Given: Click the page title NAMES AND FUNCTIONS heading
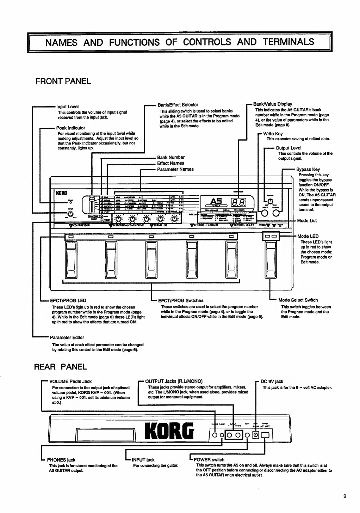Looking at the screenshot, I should click(180, 42).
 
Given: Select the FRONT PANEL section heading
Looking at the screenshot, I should click(63, 81).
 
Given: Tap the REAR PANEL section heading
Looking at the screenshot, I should click(60, 367).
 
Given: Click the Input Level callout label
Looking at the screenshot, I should click(67, 106).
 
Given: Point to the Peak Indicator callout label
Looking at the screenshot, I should click(70, 128).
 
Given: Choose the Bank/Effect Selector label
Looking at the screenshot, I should click(178, 105).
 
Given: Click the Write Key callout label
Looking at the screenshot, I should click(273, 134).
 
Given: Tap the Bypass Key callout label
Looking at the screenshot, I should click(308, 169).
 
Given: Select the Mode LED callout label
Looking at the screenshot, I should click(308, 236).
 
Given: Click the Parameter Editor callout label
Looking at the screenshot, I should click(67, 337).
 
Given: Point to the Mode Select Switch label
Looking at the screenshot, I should click(298, 300).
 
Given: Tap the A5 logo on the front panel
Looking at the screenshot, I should click(216, 201).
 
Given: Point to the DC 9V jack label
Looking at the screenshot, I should click(272, 381).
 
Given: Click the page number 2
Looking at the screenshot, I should click(345, 496).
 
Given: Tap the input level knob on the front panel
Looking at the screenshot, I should click(70, 214).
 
